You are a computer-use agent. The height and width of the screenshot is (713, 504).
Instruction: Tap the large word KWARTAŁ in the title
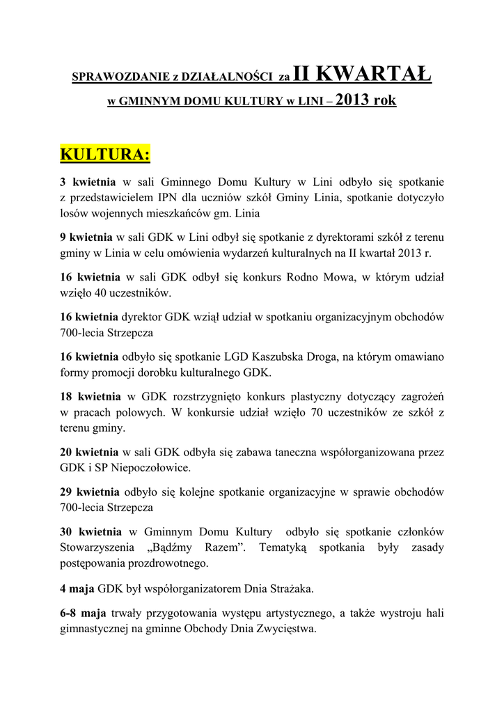click(x=377, y=72)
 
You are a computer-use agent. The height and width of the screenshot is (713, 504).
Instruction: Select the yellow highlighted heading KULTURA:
click(x=105, y=154)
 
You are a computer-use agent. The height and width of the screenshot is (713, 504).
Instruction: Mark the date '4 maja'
click(x=77, y=588)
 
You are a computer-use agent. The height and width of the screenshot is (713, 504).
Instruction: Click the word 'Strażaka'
click(x=288, y=588)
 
